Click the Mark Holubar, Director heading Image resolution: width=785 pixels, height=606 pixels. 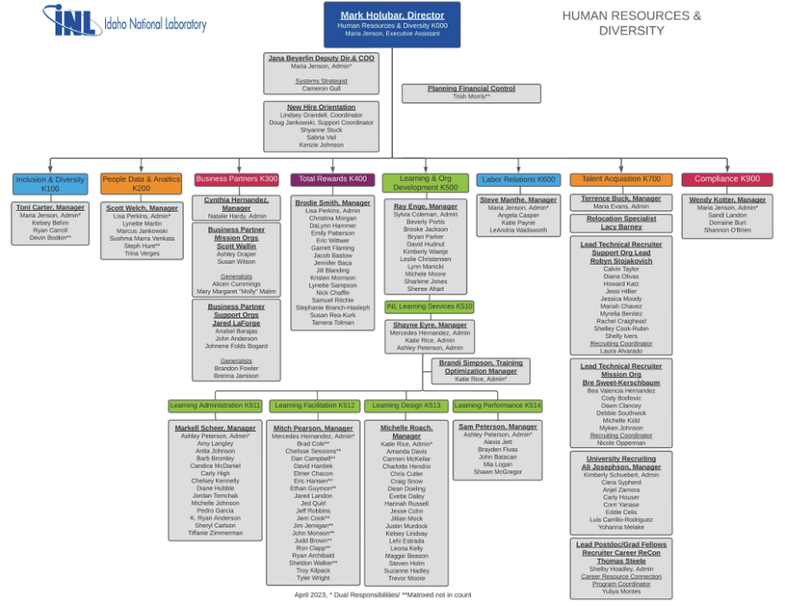(392, 15)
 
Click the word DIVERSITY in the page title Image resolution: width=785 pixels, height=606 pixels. (631, 31)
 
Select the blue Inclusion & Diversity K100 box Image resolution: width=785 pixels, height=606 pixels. (50, 184)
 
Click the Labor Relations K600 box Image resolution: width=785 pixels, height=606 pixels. (518, 180)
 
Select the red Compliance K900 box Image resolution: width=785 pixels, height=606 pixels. (726, 179)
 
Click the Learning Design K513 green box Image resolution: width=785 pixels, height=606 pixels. (407, 405)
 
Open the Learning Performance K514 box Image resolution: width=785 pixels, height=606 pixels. (497, 405)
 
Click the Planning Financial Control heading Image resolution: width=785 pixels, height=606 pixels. (471, 89)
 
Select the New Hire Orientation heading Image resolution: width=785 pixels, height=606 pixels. (321, 108)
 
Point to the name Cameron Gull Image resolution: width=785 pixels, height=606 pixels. (321, 89)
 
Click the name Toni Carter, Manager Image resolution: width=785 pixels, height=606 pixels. (50, 207)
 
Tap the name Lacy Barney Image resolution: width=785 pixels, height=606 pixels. (621, 227)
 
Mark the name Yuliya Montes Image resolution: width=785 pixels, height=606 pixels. (621, 591)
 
